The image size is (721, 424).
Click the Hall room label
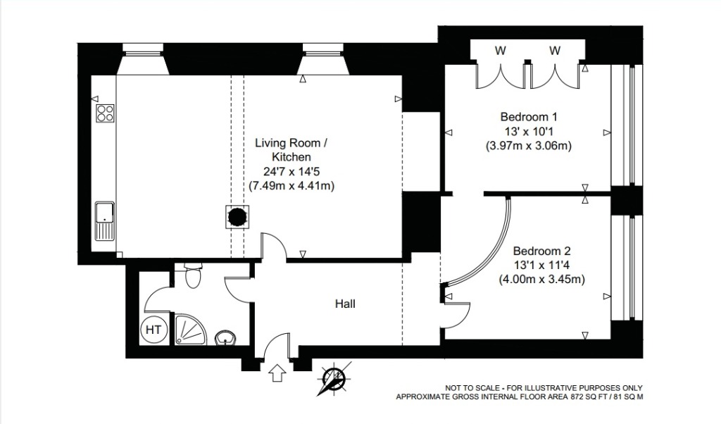click(x=345, y=304)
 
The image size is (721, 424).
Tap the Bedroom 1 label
click(x=529, y=117)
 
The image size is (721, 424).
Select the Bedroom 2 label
click(x=541, y=251)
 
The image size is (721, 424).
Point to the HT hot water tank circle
click(x=153, y=329)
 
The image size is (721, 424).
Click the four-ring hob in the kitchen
click(x=105, y=113)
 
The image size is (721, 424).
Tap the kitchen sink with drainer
click(x=104, y=220)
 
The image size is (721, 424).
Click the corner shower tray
click(x=190, y=330)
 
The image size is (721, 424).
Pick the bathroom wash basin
click(x=226, y=337)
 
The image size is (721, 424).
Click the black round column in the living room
click(x=238, y=217)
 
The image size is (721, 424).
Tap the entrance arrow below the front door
click(x=277, y=373)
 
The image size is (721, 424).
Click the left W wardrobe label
click(x=501, y=51)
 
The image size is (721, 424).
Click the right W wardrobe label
click(x=555, y=51)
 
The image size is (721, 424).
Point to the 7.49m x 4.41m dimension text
click(x=291, y=186)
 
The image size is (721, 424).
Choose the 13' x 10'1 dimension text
click(x=529, y=132)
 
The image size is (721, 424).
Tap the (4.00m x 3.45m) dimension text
click(x=541, y=279)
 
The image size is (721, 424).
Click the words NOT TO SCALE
click(x=471, y=388)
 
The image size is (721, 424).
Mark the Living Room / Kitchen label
click(x=291, y=150)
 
